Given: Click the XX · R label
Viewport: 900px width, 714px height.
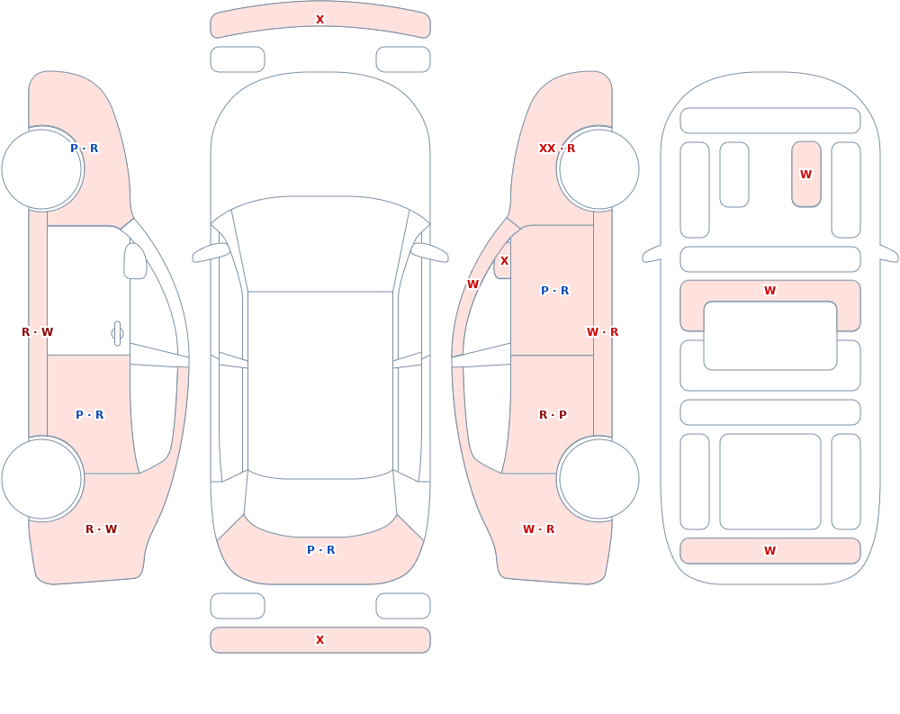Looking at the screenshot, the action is [x=556, y=149].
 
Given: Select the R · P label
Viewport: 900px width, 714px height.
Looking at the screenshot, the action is [x=553, y=415].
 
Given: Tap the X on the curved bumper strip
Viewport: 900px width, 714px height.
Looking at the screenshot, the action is [x=320, y=20].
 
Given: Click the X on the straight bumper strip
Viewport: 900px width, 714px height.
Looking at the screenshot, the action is [x=320, y=640].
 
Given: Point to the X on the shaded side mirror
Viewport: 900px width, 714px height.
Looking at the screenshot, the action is [x=505, y=261].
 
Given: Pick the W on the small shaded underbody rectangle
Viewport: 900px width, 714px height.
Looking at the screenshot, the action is [x=805, y=174].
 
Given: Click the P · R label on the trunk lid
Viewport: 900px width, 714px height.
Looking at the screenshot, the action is [x=321, y=550].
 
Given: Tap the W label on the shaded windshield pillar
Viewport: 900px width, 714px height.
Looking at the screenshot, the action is [x=472, y=284].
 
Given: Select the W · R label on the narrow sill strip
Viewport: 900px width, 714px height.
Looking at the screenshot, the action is [x=602, y=332].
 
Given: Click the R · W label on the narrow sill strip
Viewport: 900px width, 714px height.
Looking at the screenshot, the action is [x=37, y=332].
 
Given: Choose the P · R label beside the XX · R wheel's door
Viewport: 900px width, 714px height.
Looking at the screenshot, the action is [x=555, y=291].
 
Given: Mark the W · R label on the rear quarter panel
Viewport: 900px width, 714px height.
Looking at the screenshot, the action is [x=538, y=529].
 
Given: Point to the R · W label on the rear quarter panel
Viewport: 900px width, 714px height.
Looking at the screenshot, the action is [x=101, y=529].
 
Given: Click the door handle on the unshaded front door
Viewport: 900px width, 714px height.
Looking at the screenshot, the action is [x=117, y=334].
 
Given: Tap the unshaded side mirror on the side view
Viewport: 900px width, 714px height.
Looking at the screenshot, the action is [x=135, y=261].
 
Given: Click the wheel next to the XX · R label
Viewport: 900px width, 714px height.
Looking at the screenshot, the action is [x=598, y=169].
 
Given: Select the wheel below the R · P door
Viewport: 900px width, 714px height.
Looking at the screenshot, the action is [x=598, y=478].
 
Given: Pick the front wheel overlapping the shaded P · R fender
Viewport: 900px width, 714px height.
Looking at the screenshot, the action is [x=41, y=169].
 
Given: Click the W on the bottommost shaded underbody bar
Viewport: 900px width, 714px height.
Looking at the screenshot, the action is [x=769, y=551].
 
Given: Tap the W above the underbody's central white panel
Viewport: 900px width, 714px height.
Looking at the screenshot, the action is [x=769, y=291].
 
